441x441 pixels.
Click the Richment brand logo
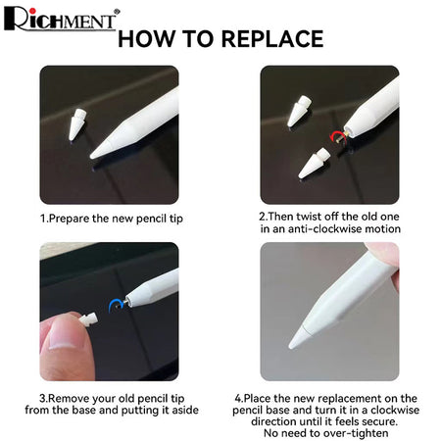[x=62, y=19]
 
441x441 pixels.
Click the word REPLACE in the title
[x=272, y=39]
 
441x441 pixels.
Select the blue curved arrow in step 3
[x=115, y=305]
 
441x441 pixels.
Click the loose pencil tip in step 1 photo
[x=77, y=124]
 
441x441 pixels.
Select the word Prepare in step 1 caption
[x=70, y=219]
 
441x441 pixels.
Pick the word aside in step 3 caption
[x=185, y=410]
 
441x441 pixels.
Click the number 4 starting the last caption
[x=238, y=399]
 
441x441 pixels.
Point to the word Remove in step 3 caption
[x=70, y=399]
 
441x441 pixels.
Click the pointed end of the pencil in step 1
[x=92, y=157]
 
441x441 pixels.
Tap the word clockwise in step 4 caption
[x=395, y=410]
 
